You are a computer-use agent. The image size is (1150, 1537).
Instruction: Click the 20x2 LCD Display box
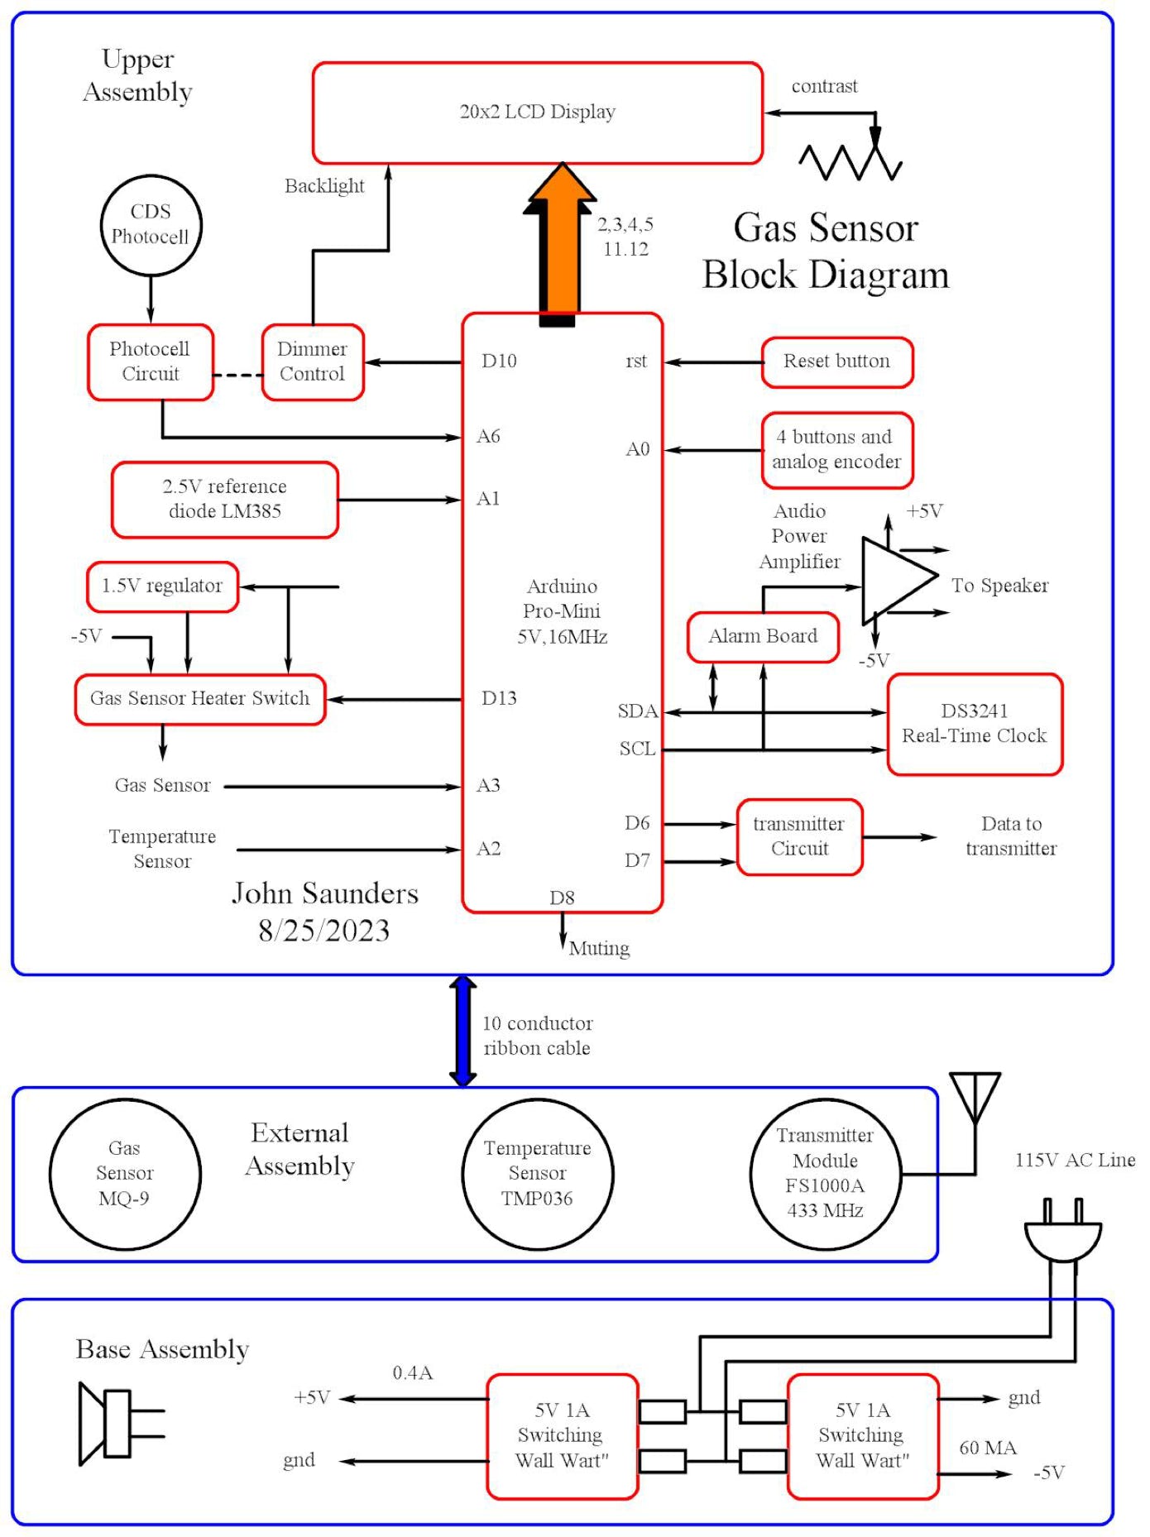537,113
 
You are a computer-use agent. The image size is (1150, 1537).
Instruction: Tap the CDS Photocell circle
151,225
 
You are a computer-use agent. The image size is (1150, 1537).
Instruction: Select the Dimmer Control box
313,362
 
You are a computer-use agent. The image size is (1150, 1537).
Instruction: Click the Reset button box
836,362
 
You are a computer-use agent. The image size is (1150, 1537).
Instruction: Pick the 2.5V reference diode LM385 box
224,500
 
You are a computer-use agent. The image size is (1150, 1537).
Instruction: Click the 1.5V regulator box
162,587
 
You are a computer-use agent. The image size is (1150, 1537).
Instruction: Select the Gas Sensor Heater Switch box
199,699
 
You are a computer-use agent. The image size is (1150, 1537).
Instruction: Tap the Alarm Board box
763,636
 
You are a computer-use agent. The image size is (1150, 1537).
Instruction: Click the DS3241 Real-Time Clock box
974,724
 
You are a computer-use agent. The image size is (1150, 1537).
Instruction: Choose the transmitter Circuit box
799,836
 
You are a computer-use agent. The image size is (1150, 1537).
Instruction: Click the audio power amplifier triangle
895,578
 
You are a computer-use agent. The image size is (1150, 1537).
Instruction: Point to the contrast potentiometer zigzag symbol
851,160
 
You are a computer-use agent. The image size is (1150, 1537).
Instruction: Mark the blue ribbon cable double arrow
462,1031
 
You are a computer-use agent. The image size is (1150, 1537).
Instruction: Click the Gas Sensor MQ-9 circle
125,1173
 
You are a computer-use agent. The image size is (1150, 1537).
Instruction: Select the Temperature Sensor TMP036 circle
537,1173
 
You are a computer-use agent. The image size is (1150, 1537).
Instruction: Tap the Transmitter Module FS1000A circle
825,1173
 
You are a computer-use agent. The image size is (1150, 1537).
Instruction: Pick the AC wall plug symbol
1063,1233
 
